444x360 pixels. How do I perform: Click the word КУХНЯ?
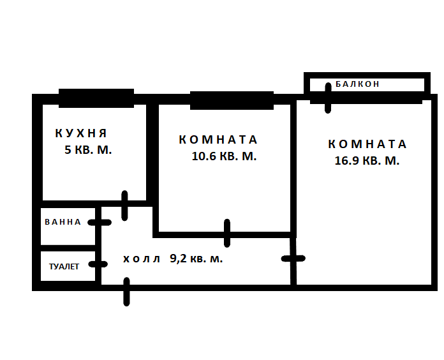tap(81, 133)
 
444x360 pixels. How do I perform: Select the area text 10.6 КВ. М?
tap(224, 157)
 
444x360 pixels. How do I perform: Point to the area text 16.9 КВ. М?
tap(367, 161)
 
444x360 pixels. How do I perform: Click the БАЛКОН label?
tap(357, 84)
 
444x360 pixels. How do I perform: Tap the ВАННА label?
tap(63, 222)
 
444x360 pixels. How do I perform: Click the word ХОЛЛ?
tap(142, 259)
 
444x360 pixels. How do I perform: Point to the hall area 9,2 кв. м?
tap(196, 259)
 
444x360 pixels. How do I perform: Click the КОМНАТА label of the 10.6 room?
tap(218, 140)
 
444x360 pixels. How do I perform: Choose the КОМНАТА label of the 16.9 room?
tap(367, 144)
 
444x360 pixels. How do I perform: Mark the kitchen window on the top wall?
tap(96, 98)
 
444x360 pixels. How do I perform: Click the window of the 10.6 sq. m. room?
tap(232, 100)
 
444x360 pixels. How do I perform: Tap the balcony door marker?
tap(329, 97)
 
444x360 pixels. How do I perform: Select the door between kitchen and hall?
tap(125, 205)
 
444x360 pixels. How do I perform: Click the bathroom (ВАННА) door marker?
tap(99, 222)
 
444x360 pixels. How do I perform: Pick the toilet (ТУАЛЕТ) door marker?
tap(98, 264)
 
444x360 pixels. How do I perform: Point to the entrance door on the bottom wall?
tap(128, 291)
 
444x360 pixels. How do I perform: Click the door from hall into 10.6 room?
tap(227, 233)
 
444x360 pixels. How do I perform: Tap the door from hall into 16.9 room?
tap(293, 259)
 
